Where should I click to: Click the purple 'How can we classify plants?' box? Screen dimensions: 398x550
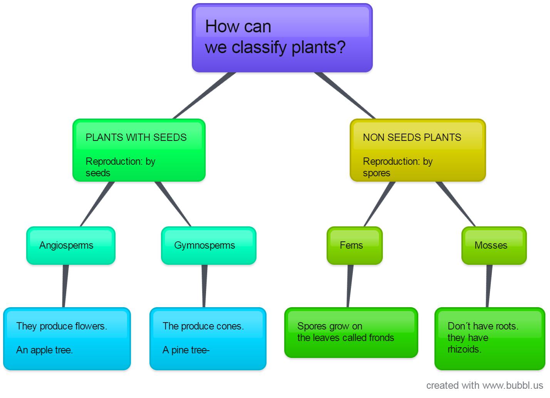[282, 38]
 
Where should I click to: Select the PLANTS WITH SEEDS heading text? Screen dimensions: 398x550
[136, 137]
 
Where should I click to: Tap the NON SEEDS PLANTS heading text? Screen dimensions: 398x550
[412, 137]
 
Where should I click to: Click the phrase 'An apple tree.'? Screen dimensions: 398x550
[44, 350]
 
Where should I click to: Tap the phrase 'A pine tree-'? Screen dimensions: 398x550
[186, 350]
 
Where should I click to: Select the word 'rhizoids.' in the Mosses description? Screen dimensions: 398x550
[464, 349]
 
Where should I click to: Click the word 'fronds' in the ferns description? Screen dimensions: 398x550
[381, 338]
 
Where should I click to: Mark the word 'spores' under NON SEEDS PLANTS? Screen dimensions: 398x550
[376, 173]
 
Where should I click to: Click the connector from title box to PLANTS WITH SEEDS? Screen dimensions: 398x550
[204, 95]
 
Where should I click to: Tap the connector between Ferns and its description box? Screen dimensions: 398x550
[349, 286]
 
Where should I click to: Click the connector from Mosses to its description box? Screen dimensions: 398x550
[489, 286]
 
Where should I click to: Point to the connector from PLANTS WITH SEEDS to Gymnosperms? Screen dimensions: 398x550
[173, 204]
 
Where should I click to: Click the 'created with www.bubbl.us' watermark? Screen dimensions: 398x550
[484, 385]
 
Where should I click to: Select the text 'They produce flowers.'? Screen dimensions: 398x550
[62, 326]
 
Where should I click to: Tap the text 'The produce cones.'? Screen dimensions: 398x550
[203, 326]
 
